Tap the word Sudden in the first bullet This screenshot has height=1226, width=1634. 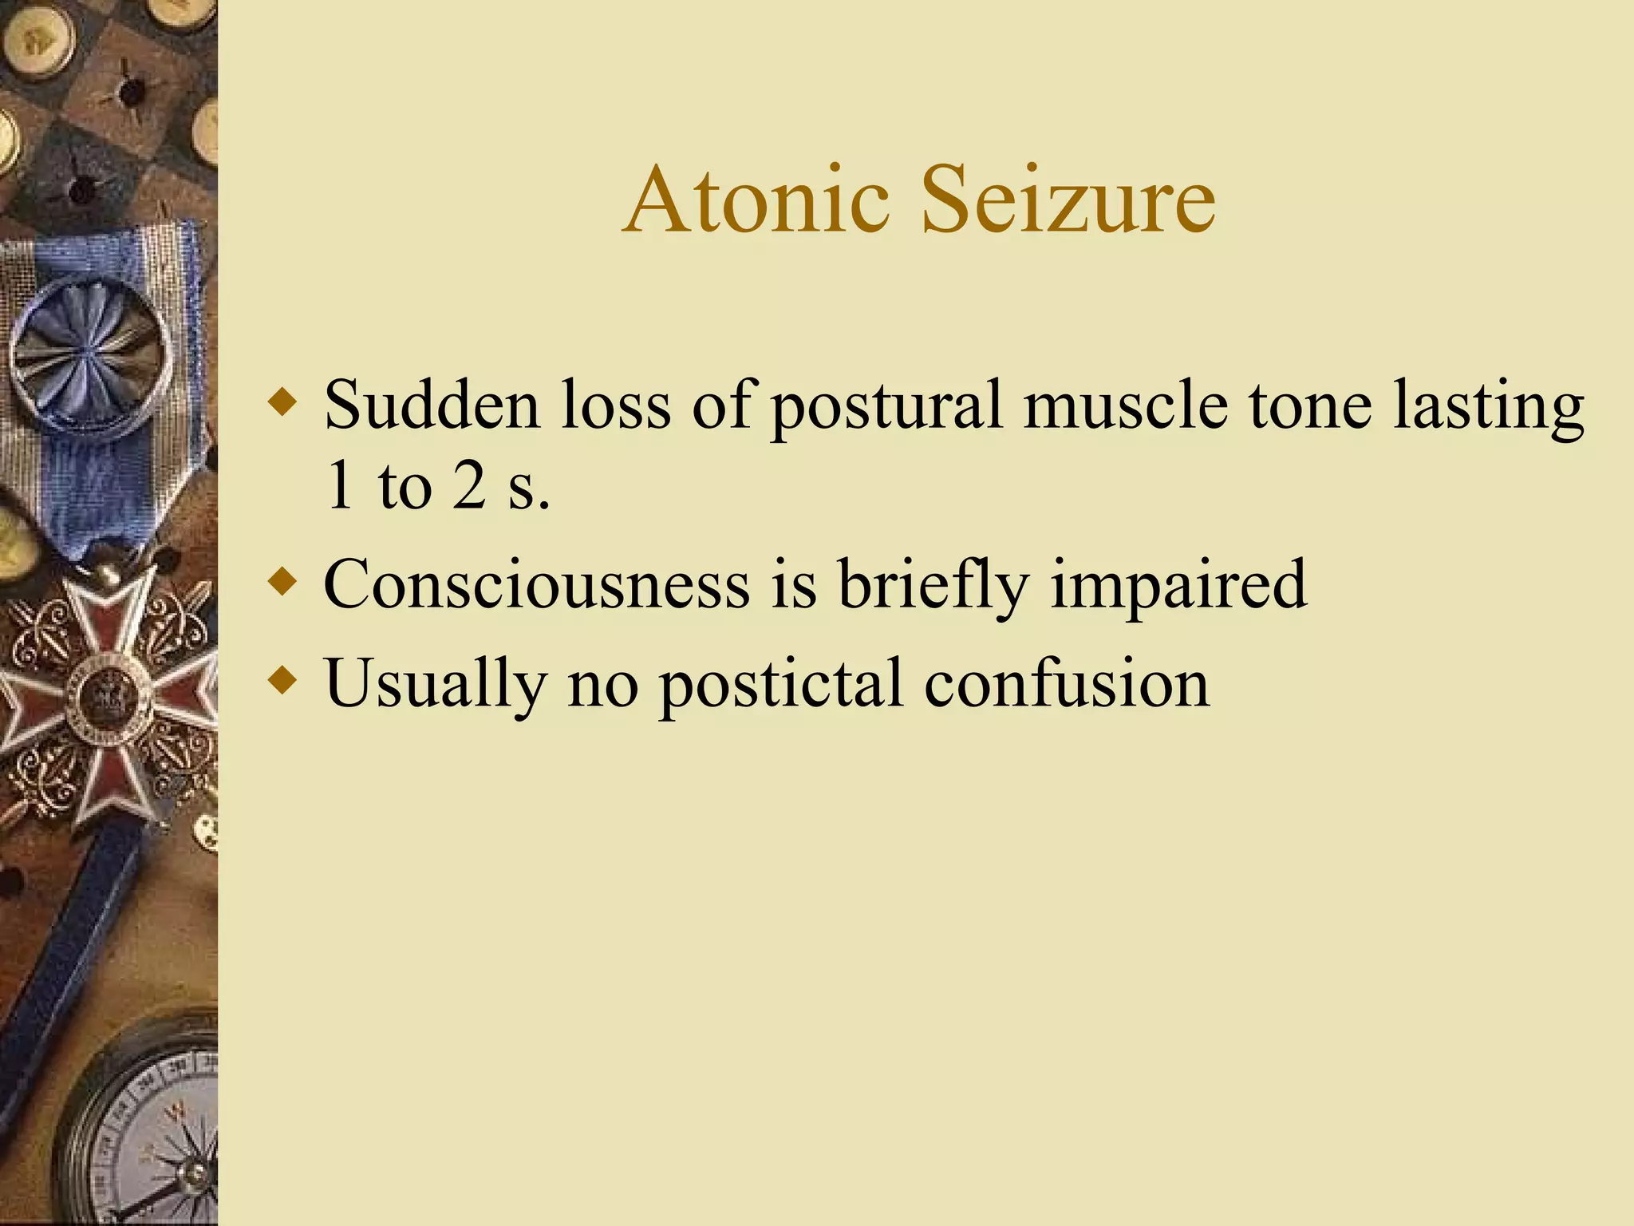click(432, 405)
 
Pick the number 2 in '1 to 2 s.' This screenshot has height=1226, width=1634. click(469, 487)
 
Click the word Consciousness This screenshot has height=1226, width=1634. click(536, 584)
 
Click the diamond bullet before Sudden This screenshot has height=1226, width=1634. click(283, 400)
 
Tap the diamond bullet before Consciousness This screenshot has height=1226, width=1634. click(283, 580)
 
